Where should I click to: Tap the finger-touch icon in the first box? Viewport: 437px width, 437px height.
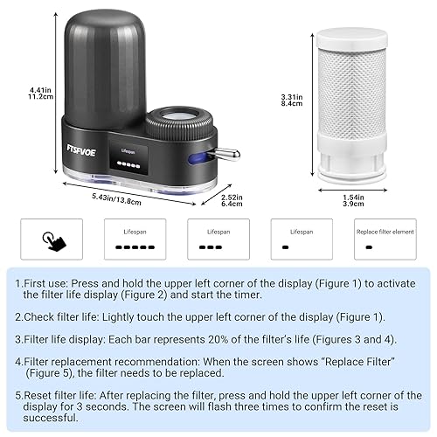[52, 239]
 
